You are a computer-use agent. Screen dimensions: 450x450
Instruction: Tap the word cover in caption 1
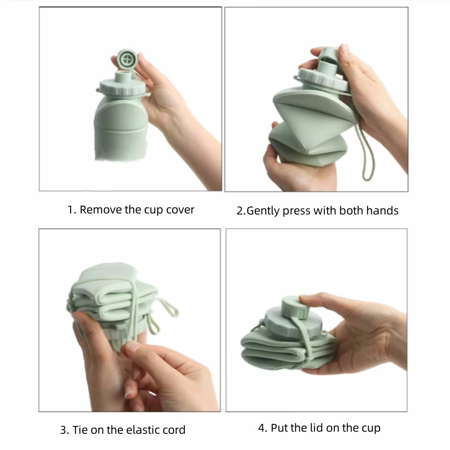179,210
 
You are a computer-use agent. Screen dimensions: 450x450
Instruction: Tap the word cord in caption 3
173,430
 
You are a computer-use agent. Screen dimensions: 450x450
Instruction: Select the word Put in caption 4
280,428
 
